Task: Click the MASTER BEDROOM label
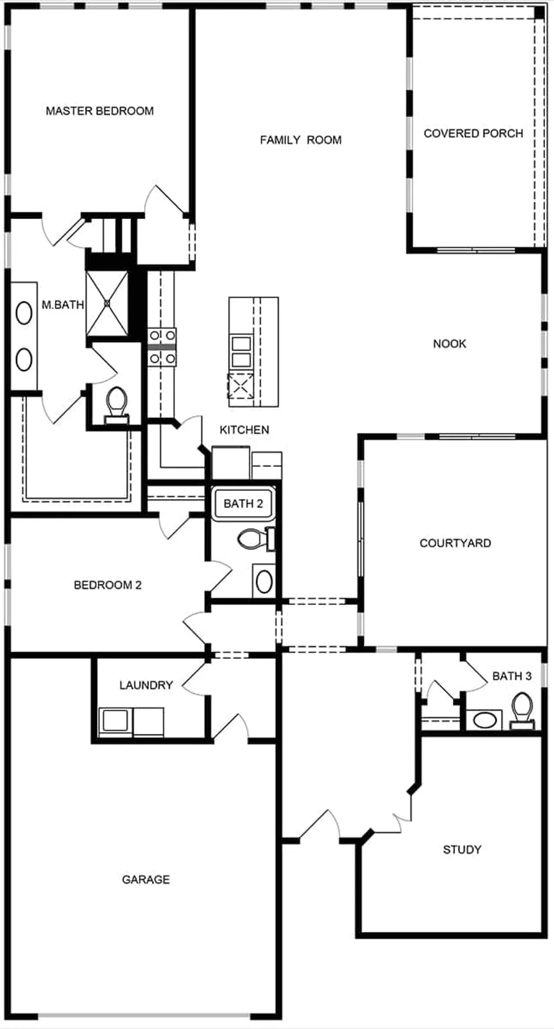[99, 111]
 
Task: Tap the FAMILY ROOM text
[301, 140]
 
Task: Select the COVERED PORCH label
[473, 133]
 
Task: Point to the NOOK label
[449, 344]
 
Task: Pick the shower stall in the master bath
[107, 303]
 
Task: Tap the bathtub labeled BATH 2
[243, 504]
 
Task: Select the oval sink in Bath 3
[484, 720]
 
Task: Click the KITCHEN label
[244, 430]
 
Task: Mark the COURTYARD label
[455, 543]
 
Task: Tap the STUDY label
[462, 849]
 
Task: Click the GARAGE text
[146, 879]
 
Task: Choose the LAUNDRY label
[146, 685]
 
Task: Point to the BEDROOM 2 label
[108, 585]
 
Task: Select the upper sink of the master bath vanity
[24, 314]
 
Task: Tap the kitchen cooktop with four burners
[162, 347]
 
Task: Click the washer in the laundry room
[115, 721]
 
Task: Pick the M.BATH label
[62, 305]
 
